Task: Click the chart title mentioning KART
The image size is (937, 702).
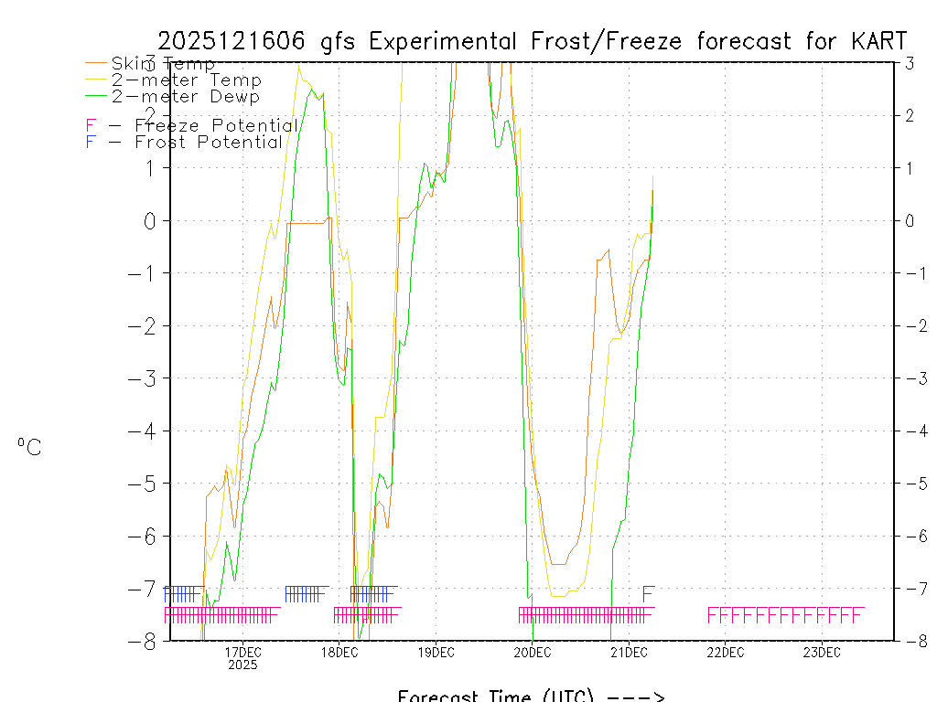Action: (x=533, y=41)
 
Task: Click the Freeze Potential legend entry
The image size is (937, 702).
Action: (x=191, y=125)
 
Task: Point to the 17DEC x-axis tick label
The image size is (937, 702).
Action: (x=242, y=653)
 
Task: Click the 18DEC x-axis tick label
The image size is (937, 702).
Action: (x=339, y=653)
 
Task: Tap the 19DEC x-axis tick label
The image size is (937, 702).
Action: (x=436, y=653)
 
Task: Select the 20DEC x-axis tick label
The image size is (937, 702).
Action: (x=532, y=653)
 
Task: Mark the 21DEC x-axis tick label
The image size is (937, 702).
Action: (x=629, y=653)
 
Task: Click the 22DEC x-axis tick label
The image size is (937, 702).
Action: (x=725, y=653)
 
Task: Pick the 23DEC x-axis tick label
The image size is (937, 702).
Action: (x=822, y=653)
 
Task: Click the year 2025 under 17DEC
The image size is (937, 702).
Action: (x=242, y=665)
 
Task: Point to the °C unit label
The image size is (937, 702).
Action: (x=29, y=447)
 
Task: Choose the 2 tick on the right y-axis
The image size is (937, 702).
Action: (x=910, y=115)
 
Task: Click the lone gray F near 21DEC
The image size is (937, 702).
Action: (x=648, y=593)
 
